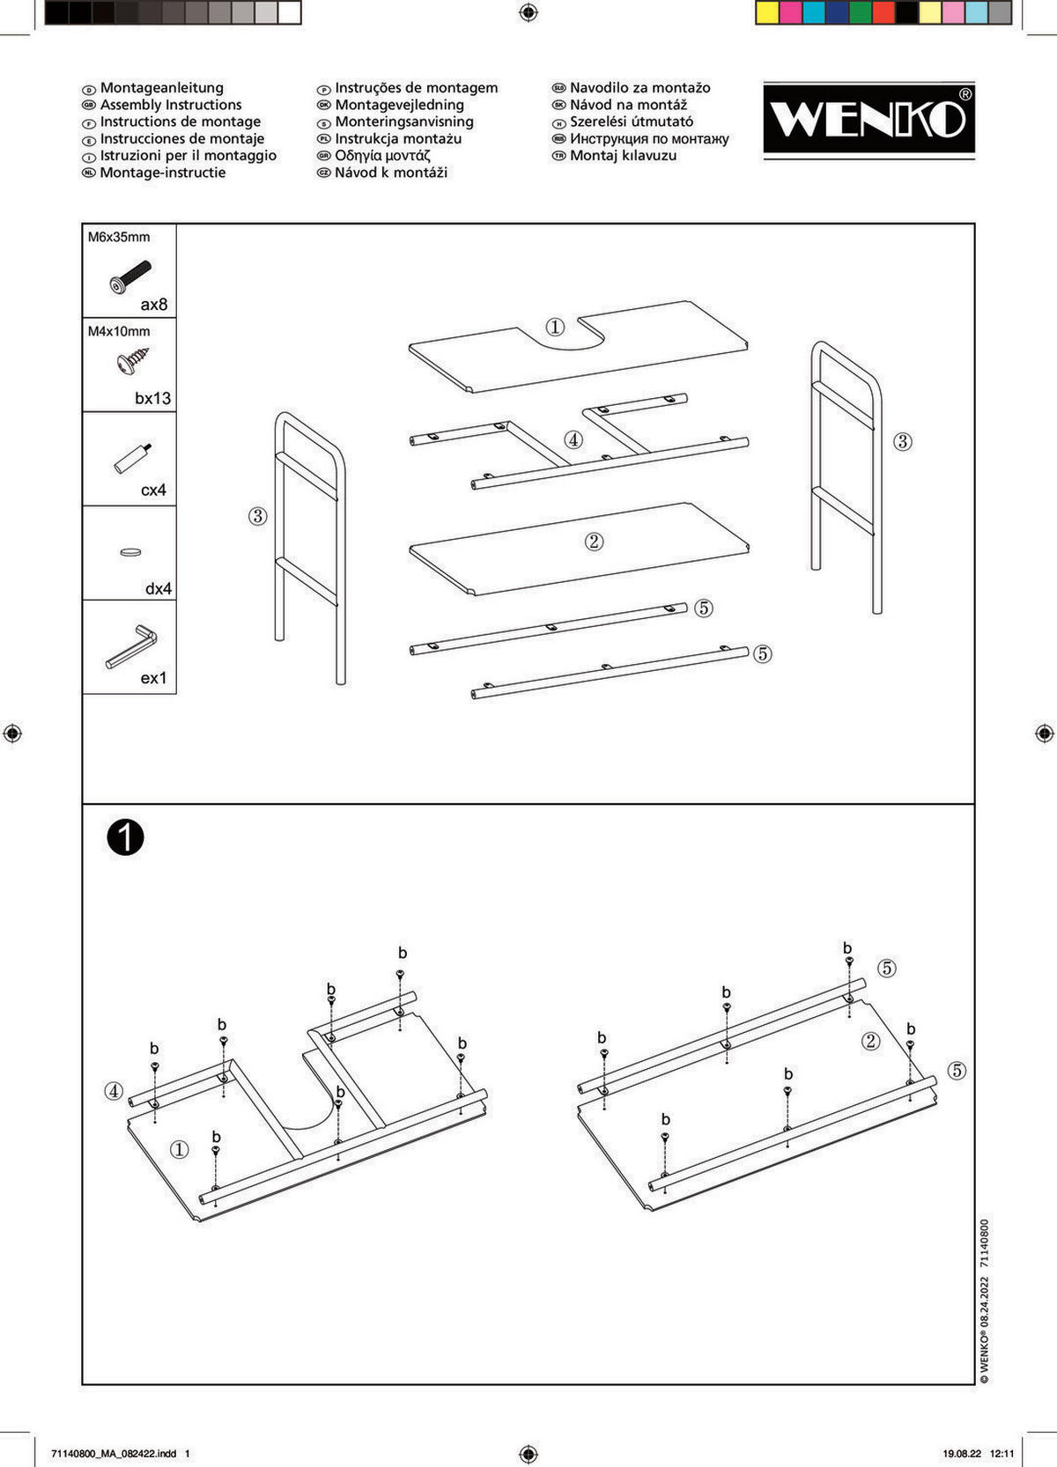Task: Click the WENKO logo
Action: coord(869,119)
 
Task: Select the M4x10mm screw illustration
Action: coord(132,361)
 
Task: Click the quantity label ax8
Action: coord(153,305)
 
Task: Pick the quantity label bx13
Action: coord(152,398)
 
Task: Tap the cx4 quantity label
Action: coord(153,490)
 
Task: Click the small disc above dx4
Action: coord(130,552)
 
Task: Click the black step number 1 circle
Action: coord(125,837)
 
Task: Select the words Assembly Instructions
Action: coord(170,105)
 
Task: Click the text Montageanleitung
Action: coord(161,88)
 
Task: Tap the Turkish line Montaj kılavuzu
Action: coord(623,156)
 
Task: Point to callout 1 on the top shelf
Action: coord(554,327)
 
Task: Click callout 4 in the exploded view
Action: coord(573,439)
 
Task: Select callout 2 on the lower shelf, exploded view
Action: coord(594,541)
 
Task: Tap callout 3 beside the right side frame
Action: coord(902,441)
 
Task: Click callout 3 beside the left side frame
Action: coord(257,515)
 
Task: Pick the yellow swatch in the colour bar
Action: coord(767,12)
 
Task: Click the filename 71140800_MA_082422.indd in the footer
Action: coord(114,1454)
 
